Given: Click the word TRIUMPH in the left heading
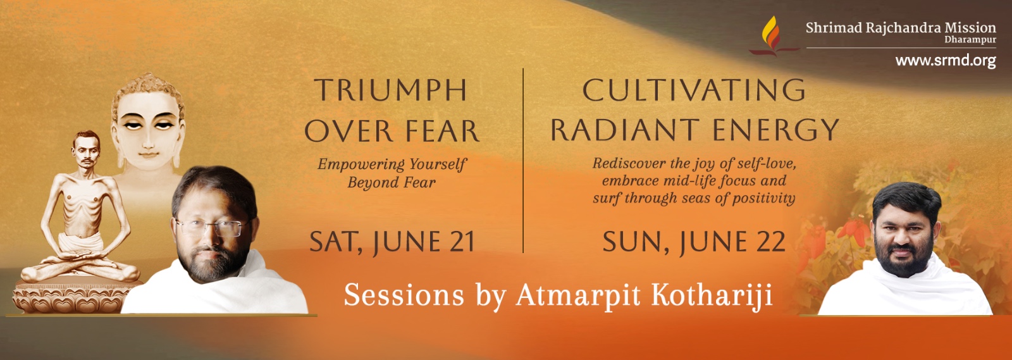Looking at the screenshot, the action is click(x=391, y=90).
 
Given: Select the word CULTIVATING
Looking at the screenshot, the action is click(x=694, y=90).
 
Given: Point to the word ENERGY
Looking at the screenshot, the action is click(x=776, y=130).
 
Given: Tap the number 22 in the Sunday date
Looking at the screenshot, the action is click(x=768, y=242).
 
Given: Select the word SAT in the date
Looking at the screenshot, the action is click(x=336, y=242).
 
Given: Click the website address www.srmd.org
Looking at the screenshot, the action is click(x=946, y=61).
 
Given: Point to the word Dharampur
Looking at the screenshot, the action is click(x=970, y=40).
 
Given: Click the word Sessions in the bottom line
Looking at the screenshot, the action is click(x=404, y=295).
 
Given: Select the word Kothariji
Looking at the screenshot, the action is click(x=712, y=296).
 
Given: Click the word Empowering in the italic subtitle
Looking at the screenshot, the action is click(x=354, y=164).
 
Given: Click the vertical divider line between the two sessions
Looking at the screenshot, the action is click(x=523, y=160).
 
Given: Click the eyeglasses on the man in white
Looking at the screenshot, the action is click(x=211, y=227).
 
